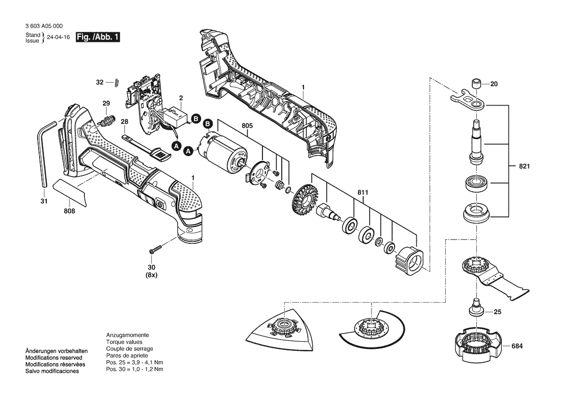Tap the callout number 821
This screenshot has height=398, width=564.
(524, 167)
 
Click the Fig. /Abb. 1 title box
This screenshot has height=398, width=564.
(98, 38)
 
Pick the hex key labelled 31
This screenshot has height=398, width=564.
(41, 154)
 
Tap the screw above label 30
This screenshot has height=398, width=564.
(154, 249)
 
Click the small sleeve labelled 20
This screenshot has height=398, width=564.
(477, 83)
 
